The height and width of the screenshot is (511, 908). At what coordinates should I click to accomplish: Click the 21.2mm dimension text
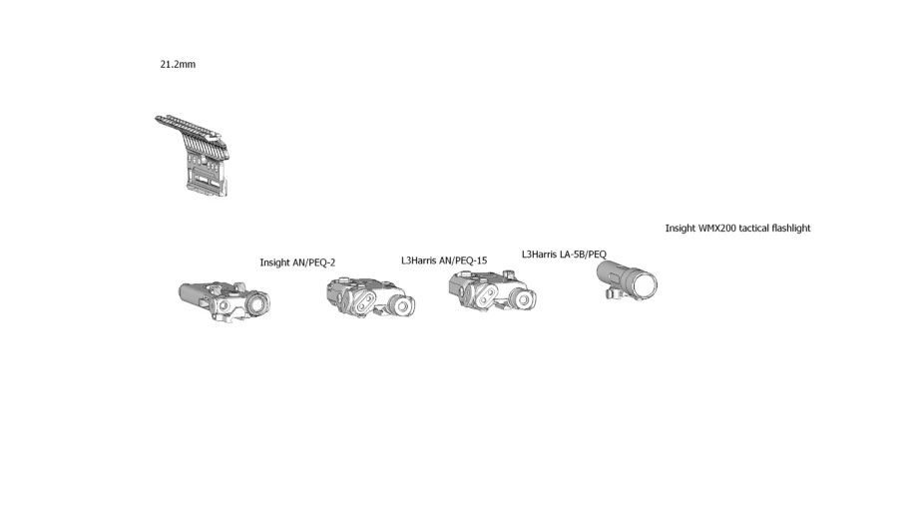point(178,64)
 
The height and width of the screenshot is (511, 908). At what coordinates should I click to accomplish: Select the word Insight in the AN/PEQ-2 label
point(274,262)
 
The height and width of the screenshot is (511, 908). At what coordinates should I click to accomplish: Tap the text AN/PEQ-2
point(314,262)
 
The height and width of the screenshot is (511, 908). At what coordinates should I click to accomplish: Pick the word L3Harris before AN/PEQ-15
point(419,260)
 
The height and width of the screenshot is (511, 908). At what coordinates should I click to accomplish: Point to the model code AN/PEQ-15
point(463,260)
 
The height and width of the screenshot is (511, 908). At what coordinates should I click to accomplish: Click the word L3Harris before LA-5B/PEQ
point(539,255)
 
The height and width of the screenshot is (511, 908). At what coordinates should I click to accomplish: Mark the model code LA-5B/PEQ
point(583,255)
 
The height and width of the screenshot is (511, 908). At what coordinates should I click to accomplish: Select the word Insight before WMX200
point(680,229)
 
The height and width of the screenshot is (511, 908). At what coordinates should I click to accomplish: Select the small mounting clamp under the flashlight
point(615,293)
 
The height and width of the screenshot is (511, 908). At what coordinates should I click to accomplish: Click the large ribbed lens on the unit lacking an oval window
point(259,303)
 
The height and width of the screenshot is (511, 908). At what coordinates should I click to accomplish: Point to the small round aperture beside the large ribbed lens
point(225,306)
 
